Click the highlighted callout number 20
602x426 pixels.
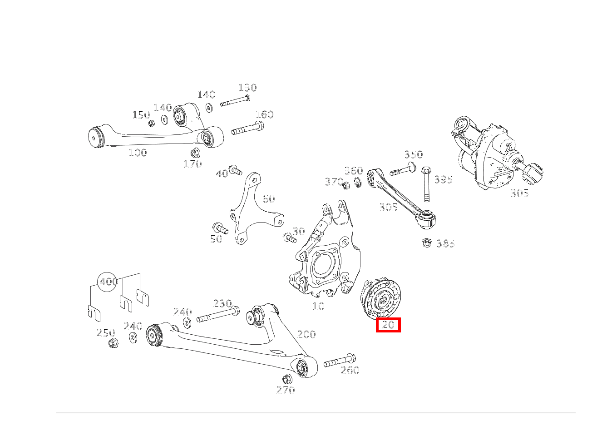(x=388, y=325)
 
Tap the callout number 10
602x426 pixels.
(x=318, y=306)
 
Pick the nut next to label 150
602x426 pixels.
(x=152, y=123)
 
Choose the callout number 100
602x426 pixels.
(x=138, y=153)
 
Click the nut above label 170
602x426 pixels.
(x=195, y=152)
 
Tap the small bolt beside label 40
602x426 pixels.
(x=235, y=171)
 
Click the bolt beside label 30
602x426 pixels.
(x=288, y=238)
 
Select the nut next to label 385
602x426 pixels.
(x=426, y=243)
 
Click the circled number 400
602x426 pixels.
(x=109, y=282)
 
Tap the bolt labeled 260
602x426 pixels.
(x=339, y=361)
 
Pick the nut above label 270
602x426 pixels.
(x=286, y=379)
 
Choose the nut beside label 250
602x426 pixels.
(x=113, y=343)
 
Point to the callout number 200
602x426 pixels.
(x=306, y=334)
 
